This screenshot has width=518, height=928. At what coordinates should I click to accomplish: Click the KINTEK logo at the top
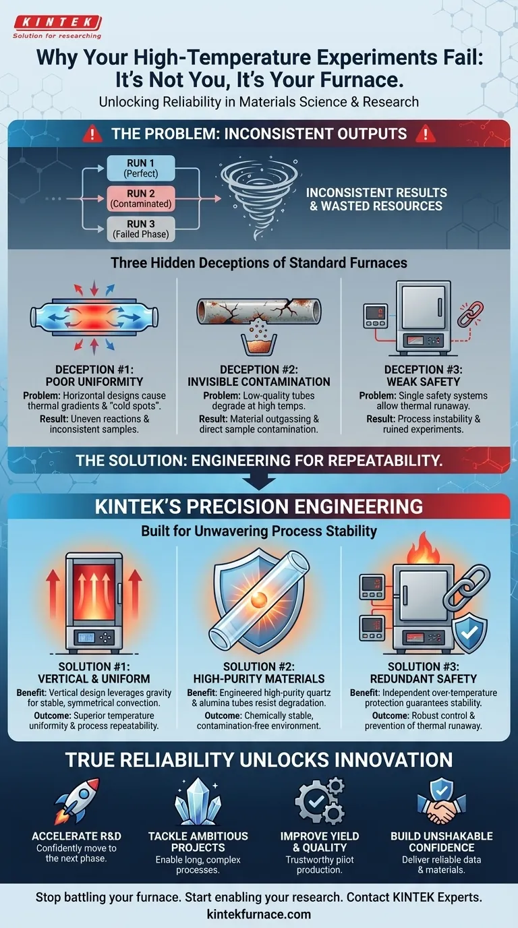click(57, 27)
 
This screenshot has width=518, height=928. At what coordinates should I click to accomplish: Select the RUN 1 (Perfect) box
click(141, 168)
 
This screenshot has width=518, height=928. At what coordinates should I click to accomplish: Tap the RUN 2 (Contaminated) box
click(141, 198)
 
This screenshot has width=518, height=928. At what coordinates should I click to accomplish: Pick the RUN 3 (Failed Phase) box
click(141, 229)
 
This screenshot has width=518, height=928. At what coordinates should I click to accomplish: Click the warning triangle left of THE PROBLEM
click(92, 134)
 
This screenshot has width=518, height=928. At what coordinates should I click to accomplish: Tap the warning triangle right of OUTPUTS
click(425, 134)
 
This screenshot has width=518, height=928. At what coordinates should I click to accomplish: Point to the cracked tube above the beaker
click(259, 311)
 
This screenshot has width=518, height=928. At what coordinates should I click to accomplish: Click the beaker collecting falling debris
click(259, 345)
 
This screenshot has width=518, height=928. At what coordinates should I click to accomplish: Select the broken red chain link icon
click(470, 314)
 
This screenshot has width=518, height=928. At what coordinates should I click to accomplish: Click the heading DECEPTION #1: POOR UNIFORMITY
click(94, 376)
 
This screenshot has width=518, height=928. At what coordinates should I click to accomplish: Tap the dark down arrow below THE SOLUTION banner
click(259, 482)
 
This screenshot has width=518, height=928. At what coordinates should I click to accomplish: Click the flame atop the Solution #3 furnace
click(423, 548)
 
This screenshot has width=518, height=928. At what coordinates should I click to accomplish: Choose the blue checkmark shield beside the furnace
click(469, 631)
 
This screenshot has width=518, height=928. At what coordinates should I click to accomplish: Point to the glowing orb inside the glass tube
click(259, 600)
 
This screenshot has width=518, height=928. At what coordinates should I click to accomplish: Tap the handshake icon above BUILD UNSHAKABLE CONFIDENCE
click(442, 802)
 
